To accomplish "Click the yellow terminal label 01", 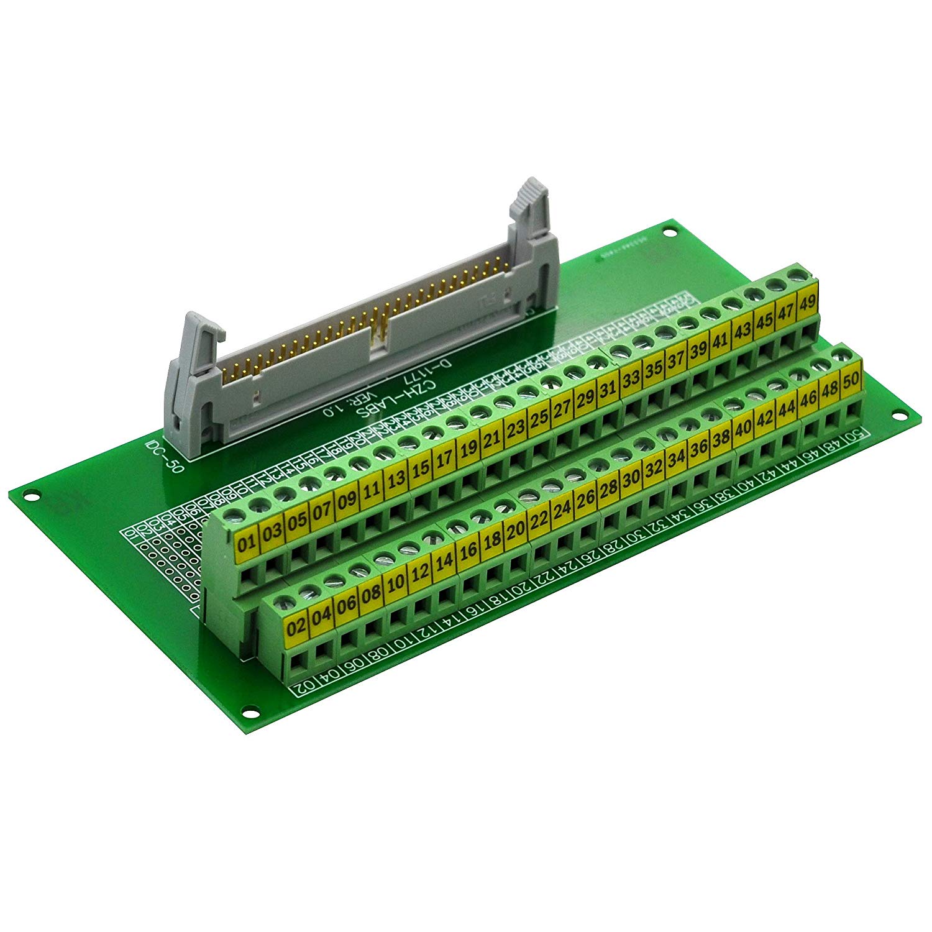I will (247, 544).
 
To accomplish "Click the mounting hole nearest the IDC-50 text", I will (28, 495).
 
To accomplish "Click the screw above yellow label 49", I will (793, 273).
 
